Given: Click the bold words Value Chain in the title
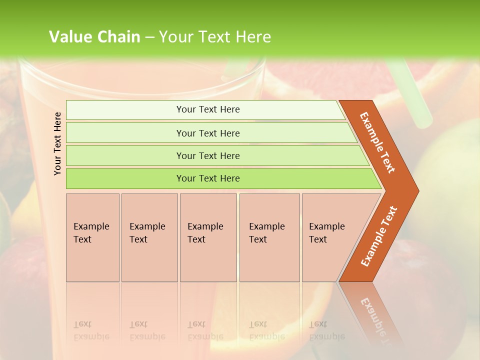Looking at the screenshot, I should (x=94, y=37).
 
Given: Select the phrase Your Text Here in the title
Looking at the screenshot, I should (x=215, y=37).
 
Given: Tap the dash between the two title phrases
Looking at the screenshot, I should (x=149, y=37).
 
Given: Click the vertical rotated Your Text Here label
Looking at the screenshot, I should (x=57, y=143).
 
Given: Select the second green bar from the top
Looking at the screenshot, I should (x=208, y=133).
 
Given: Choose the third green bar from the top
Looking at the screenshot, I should (x=208, y=155).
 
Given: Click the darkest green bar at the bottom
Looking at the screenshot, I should (x=208, y=178).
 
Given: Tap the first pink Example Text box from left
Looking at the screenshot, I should (x=92, y=237).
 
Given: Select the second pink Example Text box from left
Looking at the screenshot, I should (x=149, y=237).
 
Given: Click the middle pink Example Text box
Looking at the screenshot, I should (x=208, y=237).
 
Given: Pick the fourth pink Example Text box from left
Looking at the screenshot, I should (x=269, y=237).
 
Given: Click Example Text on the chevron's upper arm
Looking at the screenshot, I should (x=377, y=142).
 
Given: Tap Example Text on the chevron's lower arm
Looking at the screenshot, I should (x=378, y=236).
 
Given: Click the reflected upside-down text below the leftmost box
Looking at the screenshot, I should (x=91, y=330).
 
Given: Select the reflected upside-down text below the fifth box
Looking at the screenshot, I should (x=326, y=330).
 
